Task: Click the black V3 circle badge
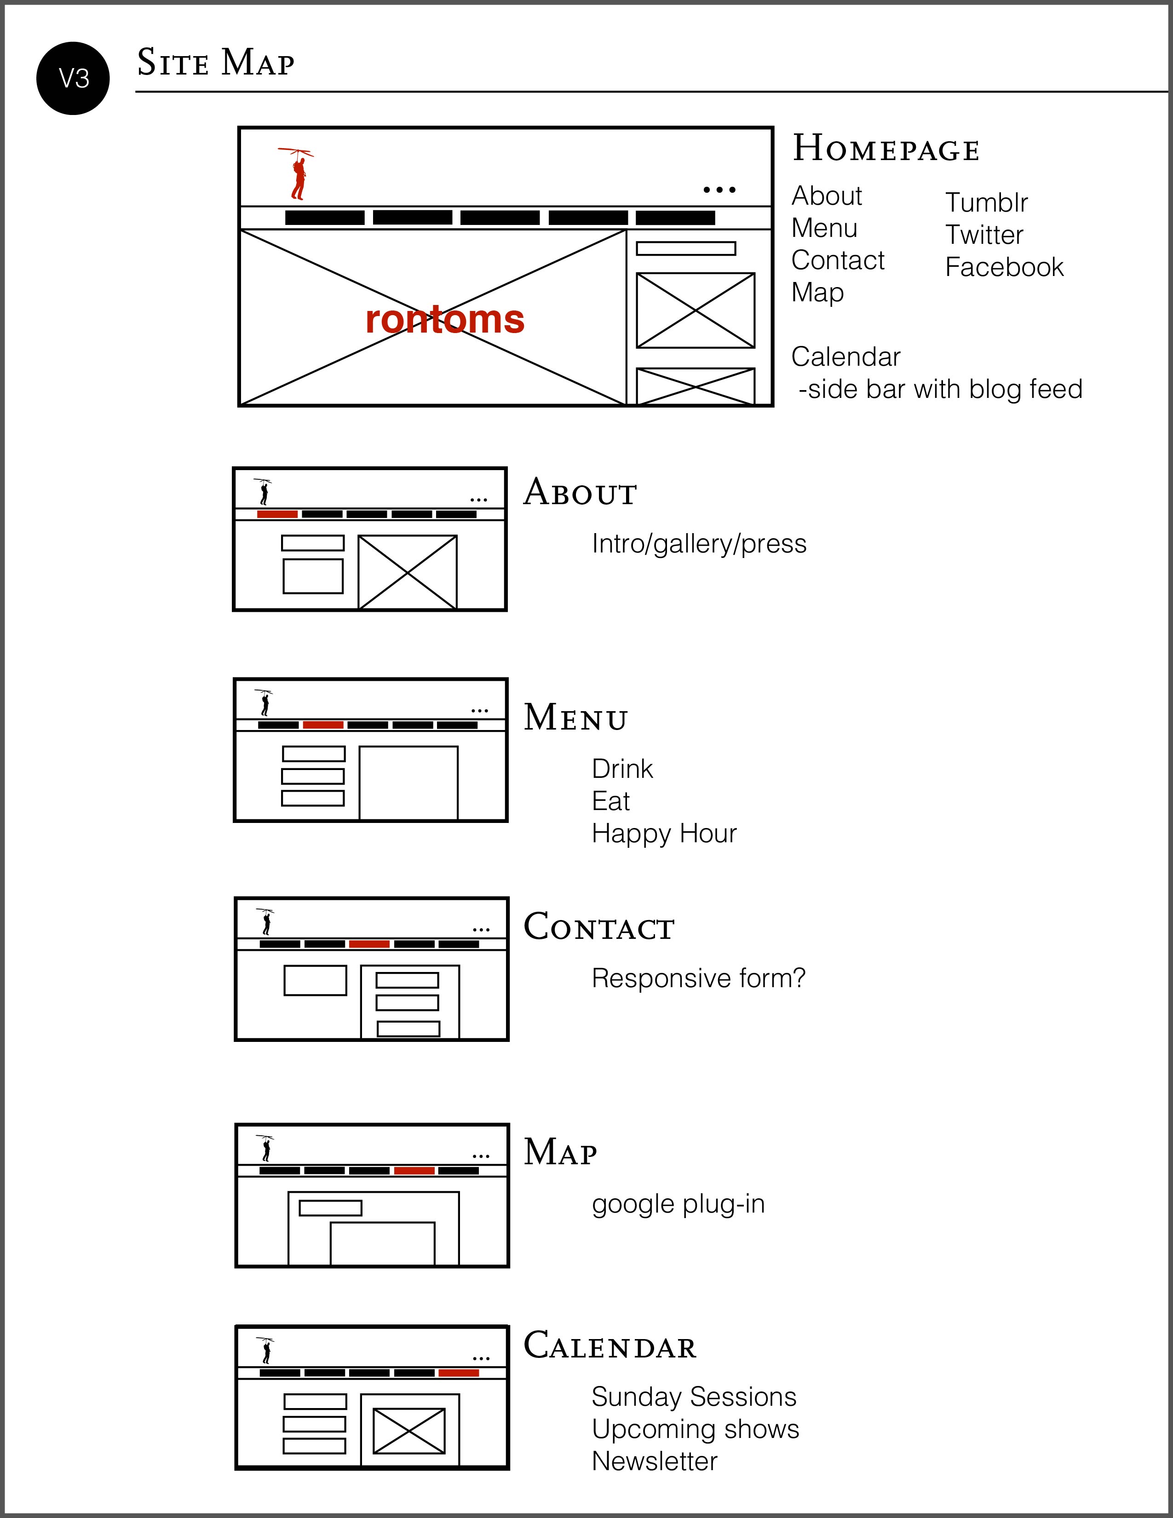click(x=73, y=79)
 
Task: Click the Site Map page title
click(x=215, y=63)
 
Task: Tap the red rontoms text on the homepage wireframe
click(x=445, y=320)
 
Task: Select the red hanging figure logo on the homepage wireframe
click(x=298, y=174)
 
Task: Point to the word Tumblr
click(x=986, y=203)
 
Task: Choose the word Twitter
click(x=984, y=235)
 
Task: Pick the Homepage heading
click(x=886, y=149)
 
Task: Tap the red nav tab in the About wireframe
click(x=277, y=514)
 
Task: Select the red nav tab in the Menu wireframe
click(x=323, y=725)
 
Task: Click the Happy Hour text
click(x=664, y=834)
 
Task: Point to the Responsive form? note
click(x=698, y=978)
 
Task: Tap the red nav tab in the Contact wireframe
click(x=369, y=944)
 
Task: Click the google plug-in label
click(x=678, y=1204)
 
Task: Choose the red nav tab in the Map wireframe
click(x=414, y=1171)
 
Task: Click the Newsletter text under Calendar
click(x=655, y=1461)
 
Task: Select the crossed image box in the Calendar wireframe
click(x=409, y=1431)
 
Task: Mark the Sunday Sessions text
click(x=694, y=1397)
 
